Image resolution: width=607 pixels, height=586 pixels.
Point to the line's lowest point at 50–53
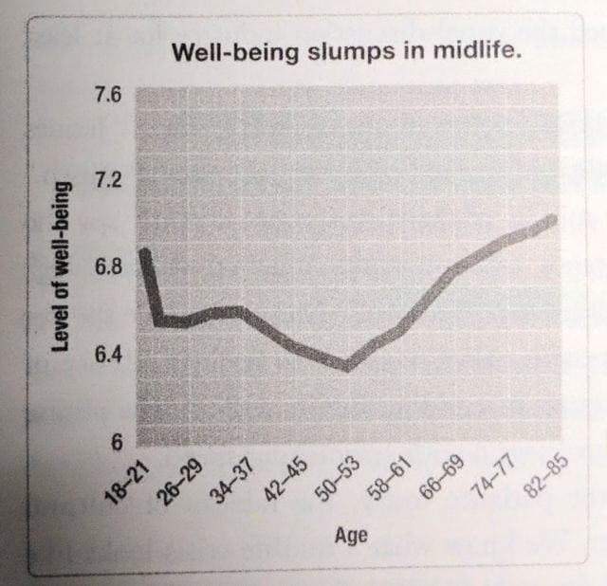pyautogui.click(x=347, y=367)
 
